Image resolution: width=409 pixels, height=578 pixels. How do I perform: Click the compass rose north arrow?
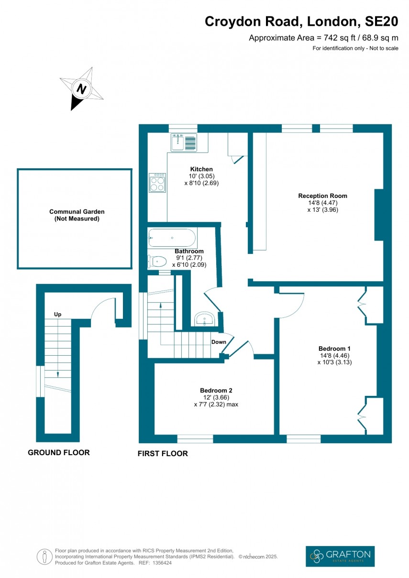click(x=81, y=89)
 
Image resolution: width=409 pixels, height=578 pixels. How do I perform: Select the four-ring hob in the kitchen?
click(x=157, y=182)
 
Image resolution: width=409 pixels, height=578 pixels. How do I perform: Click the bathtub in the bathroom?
click(x=172, y=237)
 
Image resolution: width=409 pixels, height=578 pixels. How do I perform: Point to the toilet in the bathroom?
click(x=157, y=262)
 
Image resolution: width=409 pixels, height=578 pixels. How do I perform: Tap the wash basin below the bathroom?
click(x=206, y=319)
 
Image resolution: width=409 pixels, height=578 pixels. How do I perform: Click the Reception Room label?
click(x=322, y=196)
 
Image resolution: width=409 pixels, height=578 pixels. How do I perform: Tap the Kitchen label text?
click(x=201, y=169)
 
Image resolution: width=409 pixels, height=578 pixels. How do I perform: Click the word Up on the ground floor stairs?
click(x=57, y=314)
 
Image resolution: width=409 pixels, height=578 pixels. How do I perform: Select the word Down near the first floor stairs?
click(x=219, y=342)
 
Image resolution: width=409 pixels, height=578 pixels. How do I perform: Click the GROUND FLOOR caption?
click(x=58, y=452)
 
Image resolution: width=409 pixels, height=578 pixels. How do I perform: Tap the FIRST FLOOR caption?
click(x=163, y=453)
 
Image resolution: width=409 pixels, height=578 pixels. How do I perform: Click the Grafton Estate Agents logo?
click(x=340, y=556)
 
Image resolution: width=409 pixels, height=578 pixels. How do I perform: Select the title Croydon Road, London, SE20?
click(x=301, y=22)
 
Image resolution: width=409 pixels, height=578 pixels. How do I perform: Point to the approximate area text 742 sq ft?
click(x=323, y=38)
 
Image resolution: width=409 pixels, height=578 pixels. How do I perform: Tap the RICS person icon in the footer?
click(x=44, y=556)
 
